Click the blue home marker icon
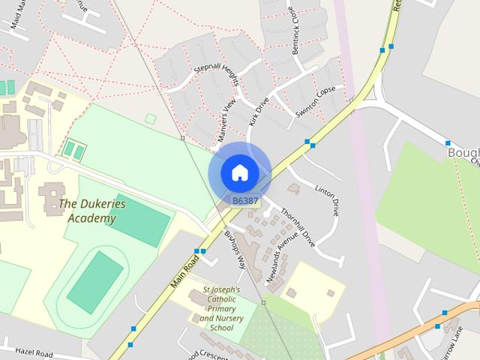pyautogui.click(x=239, y=172)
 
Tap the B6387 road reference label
pyautogui.click(x=245, y=201)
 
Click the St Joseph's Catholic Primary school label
pyautogui.click(x=221, y=308)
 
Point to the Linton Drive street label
pyautogui.click(x=327, y=200)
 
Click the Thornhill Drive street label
pyautogui.click(x=298, y=227)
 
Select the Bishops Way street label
pyautogui.click(x=235, y=250)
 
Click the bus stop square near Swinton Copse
pyautogui.click(x=307, y=142)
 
